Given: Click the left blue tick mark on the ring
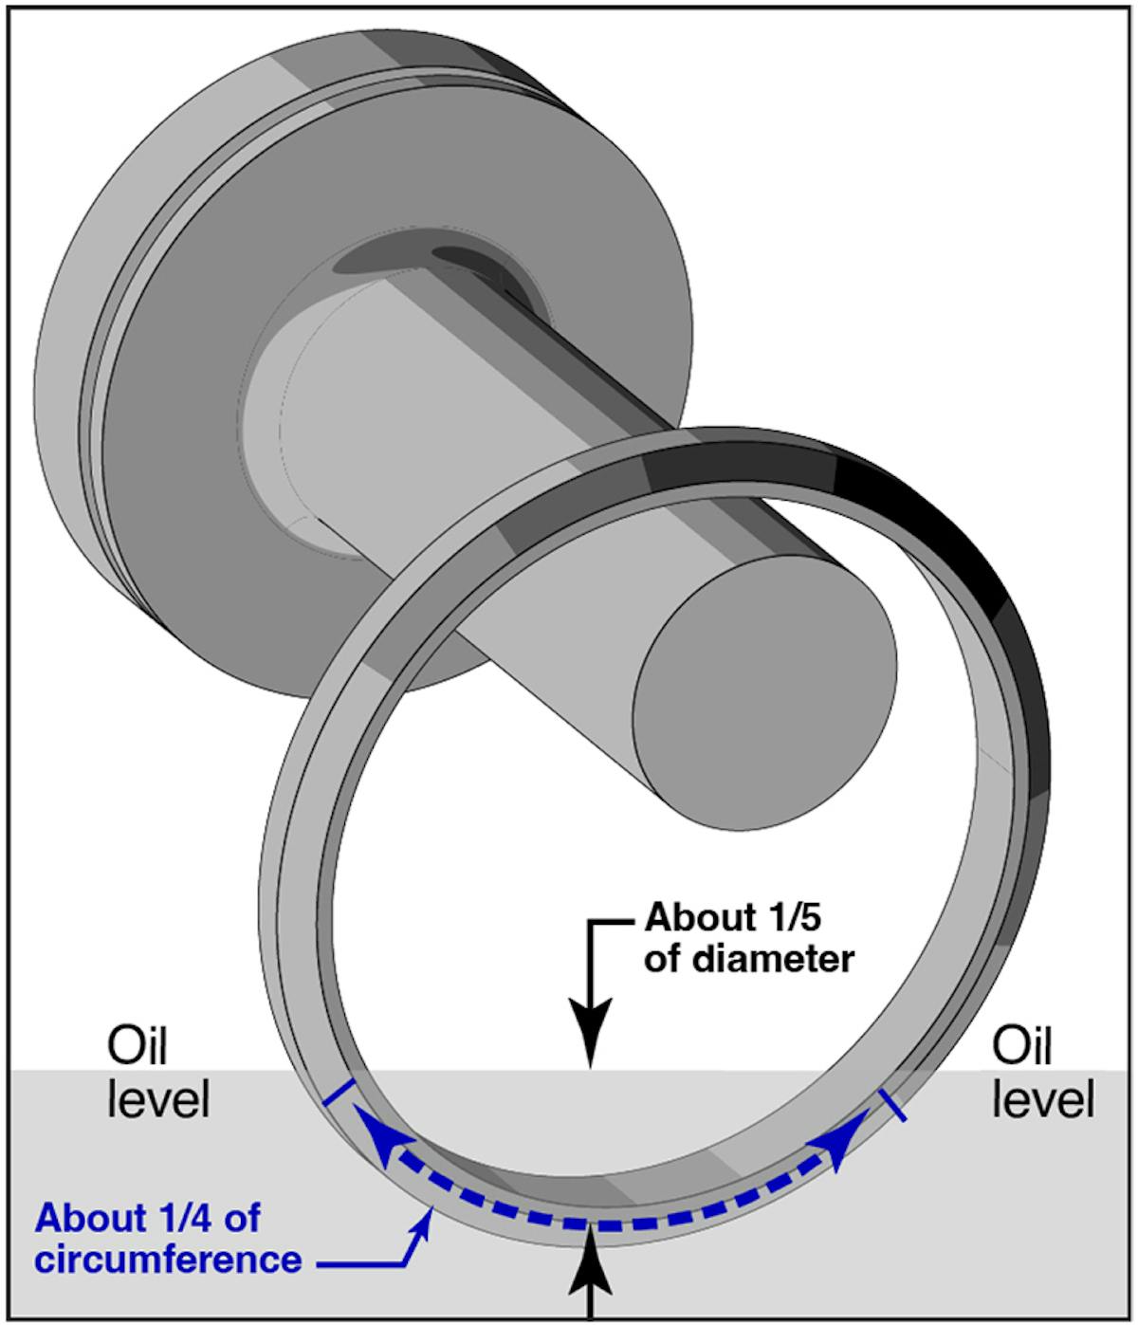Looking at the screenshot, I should [x=338, y=1093].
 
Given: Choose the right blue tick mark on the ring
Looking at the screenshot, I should [x=893, y=1105].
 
